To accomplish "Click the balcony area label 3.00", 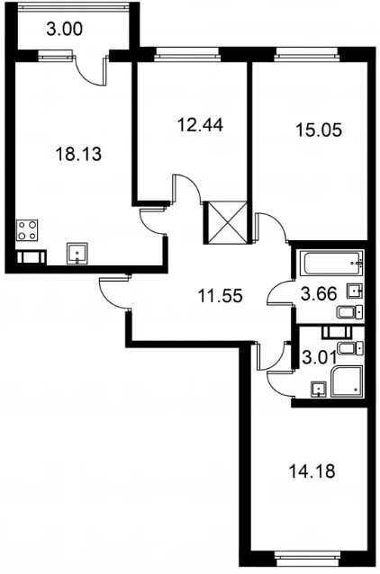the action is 65,29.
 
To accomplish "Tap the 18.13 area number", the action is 78,154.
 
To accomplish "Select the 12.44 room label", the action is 200,125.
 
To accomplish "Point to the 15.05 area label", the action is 319,130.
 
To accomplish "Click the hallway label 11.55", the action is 220,295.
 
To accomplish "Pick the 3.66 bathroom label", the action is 319,293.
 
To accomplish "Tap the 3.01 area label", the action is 319,357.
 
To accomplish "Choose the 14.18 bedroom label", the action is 312,471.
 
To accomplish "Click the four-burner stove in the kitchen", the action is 28,230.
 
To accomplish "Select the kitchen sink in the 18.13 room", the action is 77,253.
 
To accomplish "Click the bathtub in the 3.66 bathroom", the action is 333,263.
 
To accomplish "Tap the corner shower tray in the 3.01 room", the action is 347,381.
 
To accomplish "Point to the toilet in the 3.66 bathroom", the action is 350,312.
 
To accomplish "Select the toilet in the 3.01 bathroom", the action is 350,348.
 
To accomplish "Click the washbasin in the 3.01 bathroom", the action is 319,390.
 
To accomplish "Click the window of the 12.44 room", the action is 188,55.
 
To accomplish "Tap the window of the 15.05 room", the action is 307,55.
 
